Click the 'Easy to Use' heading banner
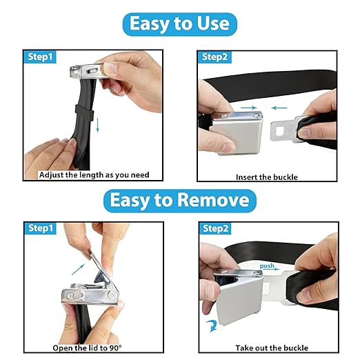pyautogui.click(x=179, y=24)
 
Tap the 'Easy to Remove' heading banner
pyautogui.click(x=180, y=201)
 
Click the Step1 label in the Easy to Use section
pyautogui.click(x=40, y=57)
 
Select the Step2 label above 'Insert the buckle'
pyautogui.click(x=214, y=57)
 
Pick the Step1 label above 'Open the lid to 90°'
pyautogui.click(x=41, y=228)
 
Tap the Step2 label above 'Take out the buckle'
pyautogui.click(x=215, y=228)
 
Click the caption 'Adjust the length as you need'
pyautogui.click(x=94, y=175)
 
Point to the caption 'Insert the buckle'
pyautogui.click(x=267, y=177)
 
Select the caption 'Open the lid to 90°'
pyautogui.click(x=87, y=348)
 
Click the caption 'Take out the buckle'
pyautogui.click(x=272, y=348)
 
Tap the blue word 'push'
pyautogui.click(x=267, y=266)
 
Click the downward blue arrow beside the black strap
pyautogui.click(x=98, y=125)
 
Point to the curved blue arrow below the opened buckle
pyautogui.click(x=212, y=326)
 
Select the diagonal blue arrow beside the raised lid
pyautogui.click(x=78, y=270)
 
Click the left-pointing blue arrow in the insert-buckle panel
pyautogui.click(x=279, y=108)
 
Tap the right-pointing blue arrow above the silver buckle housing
pyautogui.click(x=249, y=108)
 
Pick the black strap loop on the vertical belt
pyautogui.click(x=84, y=112)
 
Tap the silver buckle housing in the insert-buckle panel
pyautogui.click(x=237, y=133)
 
